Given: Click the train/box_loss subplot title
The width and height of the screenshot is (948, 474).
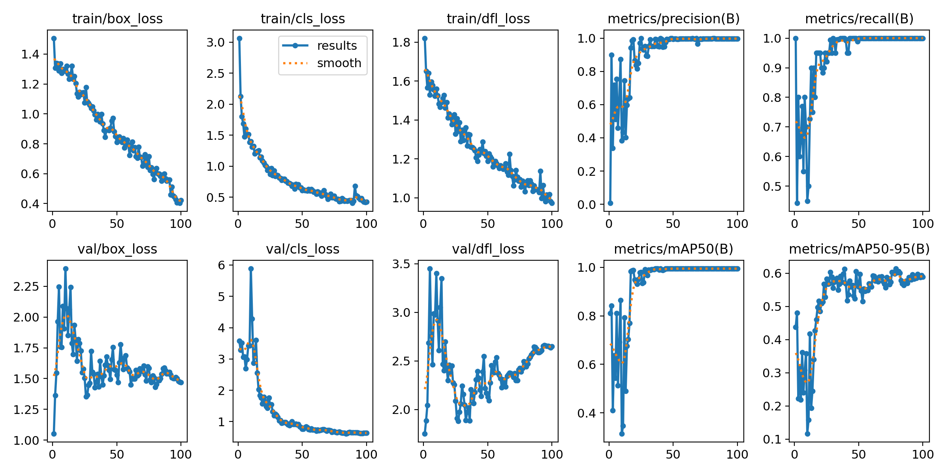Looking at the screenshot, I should pyautogui.click(x=117, y=19).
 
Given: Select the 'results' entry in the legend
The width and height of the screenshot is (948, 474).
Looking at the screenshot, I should pyautogui.click(x=337, y=46).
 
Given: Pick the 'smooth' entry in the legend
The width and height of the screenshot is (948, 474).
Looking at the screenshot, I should pyautogui.click(x=339, y=63).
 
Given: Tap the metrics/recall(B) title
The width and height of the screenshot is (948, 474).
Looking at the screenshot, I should pyautogui.click(x=859, y=19).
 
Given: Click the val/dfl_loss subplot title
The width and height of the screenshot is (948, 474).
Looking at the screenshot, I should pyautogui.click(x=488, y=249).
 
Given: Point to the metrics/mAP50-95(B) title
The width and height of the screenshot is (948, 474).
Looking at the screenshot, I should pyautogui.click(x=859, y=249).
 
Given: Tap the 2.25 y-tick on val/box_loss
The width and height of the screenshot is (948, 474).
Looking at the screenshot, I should pyautogui.click(x=26, y=286).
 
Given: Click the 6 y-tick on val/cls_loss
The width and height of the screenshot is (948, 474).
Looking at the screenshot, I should pyautogui.click(x=222, y=265).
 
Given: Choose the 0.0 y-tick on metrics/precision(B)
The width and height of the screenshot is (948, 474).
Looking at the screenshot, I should pyautogui.click(x=587, y=205).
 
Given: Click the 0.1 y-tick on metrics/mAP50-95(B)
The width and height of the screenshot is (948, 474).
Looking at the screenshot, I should pyautogui.click(x=773, y=439).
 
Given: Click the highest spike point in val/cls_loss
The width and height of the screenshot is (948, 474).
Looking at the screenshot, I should pyautogui.click(x=251, y=269).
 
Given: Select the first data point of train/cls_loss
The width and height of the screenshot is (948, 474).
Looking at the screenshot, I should pyautogui.click(x=239, y=38).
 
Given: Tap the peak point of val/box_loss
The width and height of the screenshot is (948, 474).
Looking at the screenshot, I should pyautogui.click(x=66, y=269).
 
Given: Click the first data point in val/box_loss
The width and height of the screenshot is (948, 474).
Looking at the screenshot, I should pyautogui.click(x=54, y=434).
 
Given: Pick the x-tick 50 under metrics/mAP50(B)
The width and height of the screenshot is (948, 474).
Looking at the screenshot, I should pyautogui.click(x=673, y=454).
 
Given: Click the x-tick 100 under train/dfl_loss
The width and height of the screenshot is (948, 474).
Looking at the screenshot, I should pyautogui.click(x=552, y=224).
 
